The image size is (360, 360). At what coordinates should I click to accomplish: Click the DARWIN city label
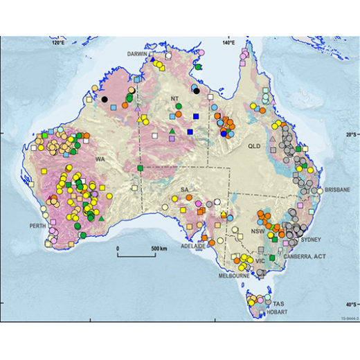tap(139, 53)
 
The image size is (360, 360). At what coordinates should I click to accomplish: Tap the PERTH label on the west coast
tap(33, 226)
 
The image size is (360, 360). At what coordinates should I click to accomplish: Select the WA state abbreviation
tap(100, 159)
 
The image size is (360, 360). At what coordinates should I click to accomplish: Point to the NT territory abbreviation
tap(174, 99)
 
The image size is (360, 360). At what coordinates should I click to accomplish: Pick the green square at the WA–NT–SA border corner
tap(140, 168)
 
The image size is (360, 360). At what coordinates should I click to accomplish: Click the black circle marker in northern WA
tap(105, 100)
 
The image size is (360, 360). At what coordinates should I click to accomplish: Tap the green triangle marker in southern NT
tap(171, 132)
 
